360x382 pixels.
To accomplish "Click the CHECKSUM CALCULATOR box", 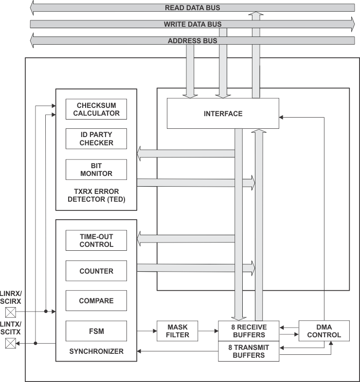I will coord(96,109).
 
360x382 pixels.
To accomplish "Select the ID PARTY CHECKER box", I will coord(96,139).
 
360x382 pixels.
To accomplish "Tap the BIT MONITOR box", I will coord(96,170).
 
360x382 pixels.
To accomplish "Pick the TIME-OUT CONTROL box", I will coord(96,241).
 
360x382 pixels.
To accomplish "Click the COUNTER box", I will coord(96,271).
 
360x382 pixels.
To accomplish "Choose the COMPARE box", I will coord(96,301).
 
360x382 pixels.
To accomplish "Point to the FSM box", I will coord(96,331).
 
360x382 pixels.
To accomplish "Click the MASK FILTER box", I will coord(177,331).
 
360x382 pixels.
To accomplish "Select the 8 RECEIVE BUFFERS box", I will coord(249,331).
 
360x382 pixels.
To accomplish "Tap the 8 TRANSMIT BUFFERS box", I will coord(249,351).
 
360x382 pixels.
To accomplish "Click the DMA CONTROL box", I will coord(324,331).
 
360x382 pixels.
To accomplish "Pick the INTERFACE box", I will coord(223,113).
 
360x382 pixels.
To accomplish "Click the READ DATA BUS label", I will coord(192,8).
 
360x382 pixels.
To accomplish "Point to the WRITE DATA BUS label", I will coord(192,24).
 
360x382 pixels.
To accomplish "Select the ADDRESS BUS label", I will coord(192,41).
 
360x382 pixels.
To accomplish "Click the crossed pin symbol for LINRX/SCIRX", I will coord(10,312).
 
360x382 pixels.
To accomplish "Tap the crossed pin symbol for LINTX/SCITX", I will coord(10,343).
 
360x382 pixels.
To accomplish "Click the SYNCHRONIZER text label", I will coord(96,351).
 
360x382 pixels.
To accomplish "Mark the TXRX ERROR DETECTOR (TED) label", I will coord(96,195).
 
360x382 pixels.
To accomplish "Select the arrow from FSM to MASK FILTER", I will coord(146,331).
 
